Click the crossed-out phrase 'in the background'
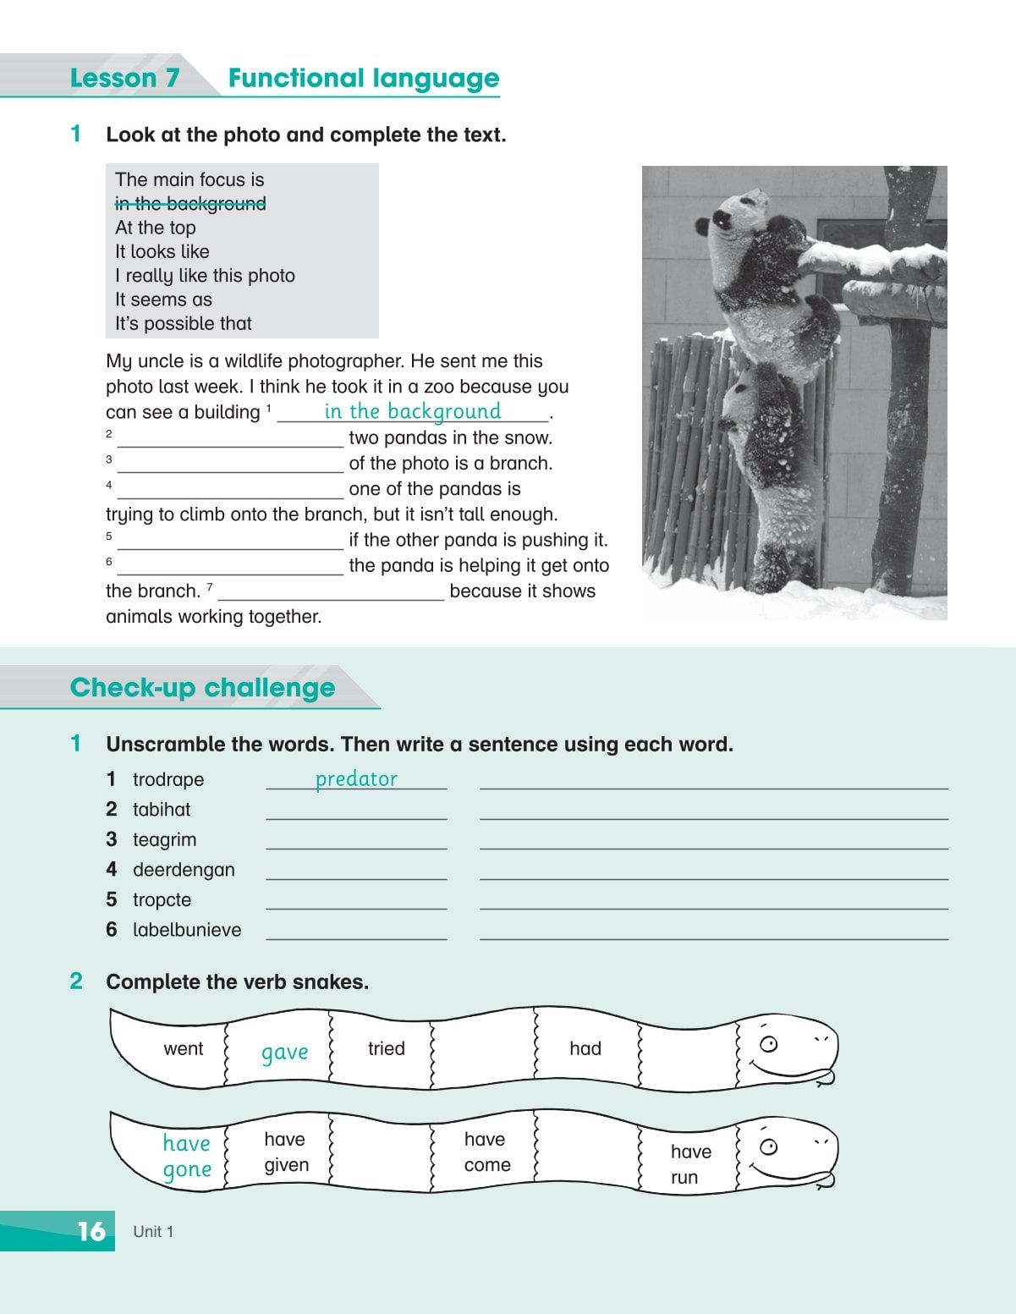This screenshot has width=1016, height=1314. pyautogui.click(x=190, y=204)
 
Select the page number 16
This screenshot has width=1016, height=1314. pyautogui.click(x=91, y=1231)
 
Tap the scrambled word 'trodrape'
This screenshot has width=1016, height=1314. pyautogui.click(x=168, y=779)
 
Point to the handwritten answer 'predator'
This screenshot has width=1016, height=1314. pyautogui.click(x=356, y=779)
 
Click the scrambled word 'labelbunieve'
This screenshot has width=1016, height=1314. pyautogui.click(x=187, y=930)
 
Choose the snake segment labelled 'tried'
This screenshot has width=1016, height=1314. pyautogui.click(x=386, y=1049)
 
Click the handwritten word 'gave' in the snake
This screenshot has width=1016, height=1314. pyautogui.click(x=284, y=1053)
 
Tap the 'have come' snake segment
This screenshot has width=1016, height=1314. pyautogui.click(x=486, y=1152)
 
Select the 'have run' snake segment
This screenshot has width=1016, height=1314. pyautogui.click(x=690, y=1164)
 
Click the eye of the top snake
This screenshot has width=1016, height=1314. pyautogui.click(x=768, y=1043)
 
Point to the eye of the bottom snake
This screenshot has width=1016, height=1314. pyautogui.click(x=768, y=1147)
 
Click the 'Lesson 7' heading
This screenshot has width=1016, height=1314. pyautogui.click(x=124, y=79)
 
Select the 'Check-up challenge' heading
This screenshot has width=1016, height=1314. pyautogui.click(x=202, y=688)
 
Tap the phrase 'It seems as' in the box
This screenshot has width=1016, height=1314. pyautogui.click(x=163, y=300)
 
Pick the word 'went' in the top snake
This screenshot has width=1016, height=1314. pyautogui.click(x=184, y=1049)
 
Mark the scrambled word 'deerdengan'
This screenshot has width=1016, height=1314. pyautogui.click(x=184, y=870)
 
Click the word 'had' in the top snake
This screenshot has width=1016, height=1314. pyautogui.click(x=585, y=1049)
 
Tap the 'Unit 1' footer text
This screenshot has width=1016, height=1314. pyautogui.click(x=153, y=1232)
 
